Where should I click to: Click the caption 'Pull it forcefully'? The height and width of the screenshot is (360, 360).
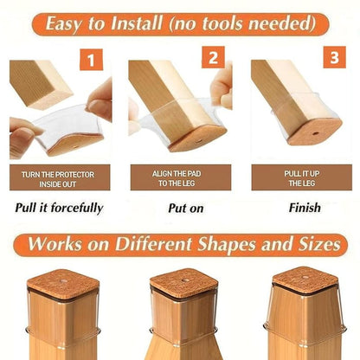pyautogui.click(x=59, y=208)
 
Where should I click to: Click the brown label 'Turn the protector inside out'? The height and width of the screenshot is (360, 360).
pyautogui.click(x=59, y=178)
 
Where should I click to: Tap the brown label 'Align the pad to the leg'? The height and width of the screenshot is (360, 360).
pyautogui.click(x=180, y=178)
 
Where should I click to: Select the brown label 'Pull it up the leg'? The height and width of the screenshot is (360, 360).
pyautogui.click(x=300, y=178)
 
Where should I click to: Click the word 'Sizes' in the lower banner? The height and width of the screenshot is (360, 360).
pyautogui.click(x=318, y=243)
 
